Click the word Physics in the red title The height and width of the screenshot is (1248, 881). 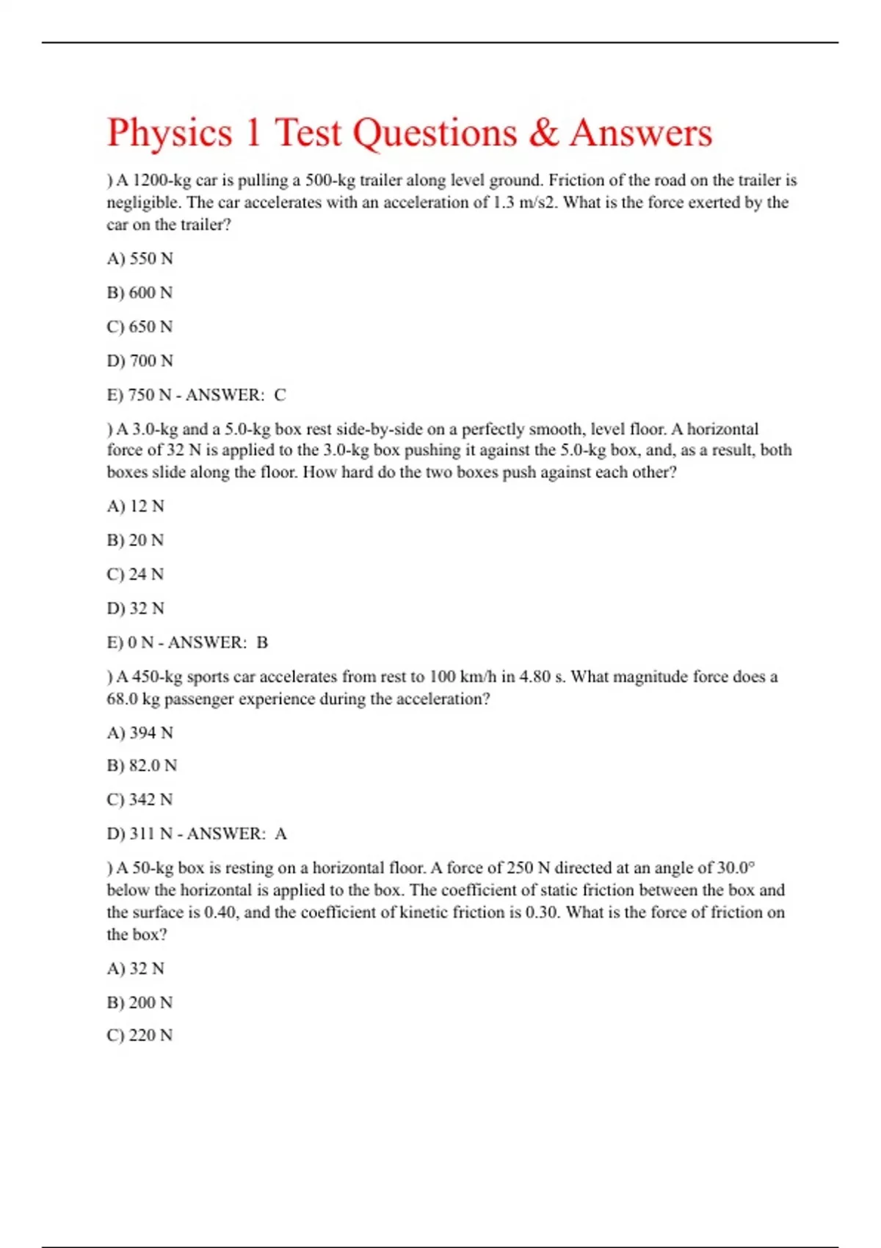(170, 134)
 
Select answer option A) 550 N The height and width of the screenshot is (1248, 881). (139, 258)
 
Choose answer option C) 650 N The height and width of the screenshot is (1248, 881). (139, 327)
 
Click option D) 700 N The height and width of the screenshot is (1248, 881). (139, 360)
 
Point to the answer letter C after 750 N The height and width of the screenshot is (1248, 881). (280, 395)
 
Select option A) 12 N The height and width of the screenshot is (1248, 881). (135, 506)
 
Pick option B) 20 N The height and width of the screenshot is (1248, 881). (135, 540)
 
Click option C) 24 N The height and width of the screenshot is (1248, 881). (135, 574)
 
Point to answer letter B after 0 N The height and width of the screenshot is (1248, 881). (262, 642)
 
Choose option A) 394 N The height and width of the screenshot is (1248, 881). (139, 733)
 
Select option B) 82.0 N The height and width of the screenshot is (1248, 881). (142, 766)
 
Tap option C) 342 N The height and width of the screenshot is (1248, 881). (139, 799)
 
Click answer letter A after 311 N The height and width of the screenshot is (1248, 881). (280, 834)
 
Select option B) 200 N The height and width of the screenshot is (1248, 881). (139, 1002)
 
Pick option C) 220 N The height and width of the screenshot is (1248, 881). (139, 1035)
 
